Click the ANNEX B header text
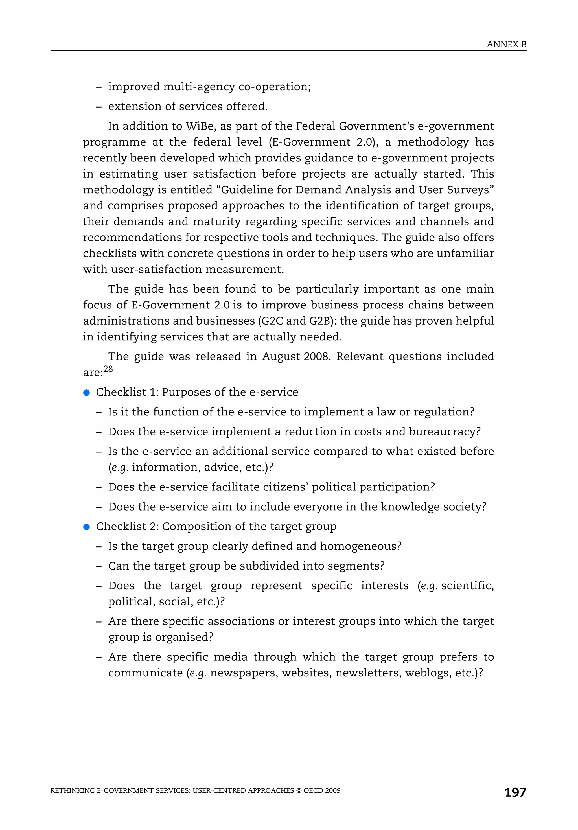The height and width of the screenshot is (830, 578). [506, 45]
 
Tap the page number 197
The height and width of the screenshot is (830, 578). [515, 792]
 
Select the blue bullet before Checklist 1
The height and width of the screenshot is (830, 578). [86, 393]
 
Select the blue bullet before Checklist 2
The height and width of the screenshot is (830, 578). [86, 527]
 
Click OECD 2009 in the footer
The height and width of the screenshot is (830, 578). [322, 790]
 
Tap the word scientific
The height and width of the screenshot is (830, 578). [467, 586]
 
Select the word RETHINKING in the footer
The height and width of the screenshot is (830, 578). [72, 790]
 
